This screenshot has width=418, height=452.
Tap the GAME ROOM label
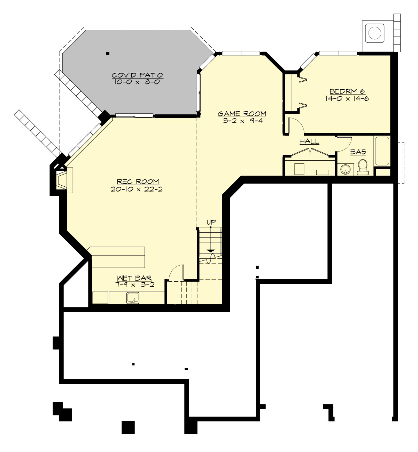pos(242,114)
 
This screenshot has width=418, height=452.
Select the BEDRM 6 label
pos(347,91)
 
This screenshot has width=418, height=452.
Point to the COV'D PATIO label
pos(137,75)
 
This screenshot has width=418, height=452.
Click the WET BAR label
pos(134,278)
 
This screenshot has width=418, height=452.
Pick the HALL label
pos(310,142)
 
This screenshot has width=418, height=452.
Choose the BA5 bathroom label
pos(358,152)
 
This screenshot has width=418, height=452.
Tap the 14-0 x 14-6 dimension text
pos(347,98)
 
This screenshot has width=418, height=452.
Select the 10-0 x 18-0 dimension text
pos(137,82)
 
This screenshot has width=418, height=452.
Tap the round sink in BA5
pos(345,169)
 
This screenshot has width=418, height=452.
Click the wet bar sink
pos(133,298)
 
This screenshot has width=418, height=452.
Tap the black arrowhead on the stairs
pos(211,250)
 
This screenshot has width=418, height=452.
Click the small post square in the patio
pos(108,54)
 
